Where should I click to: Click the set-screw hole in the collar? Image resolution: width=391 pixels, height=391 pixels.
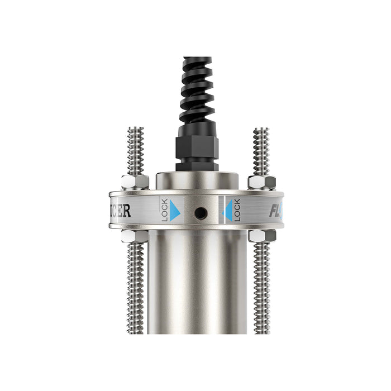pyautogui.click(x=199, y=212)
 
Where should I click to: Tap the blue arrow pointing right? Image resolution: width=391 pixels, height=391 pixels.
pyautogui.click(x=175, y=211)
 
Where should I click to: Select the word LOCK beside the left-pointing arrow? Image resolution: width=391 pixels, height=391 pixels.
pyautogui.click(x=237, y=210)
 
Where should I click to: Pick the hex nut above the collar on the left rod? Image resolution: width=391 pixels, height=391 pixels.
pyautogui.click(x=135, y=182)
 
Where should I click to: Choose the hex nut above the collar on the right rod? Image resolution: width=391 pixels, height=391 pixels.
pyautogui.click(x=261, y=182)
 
